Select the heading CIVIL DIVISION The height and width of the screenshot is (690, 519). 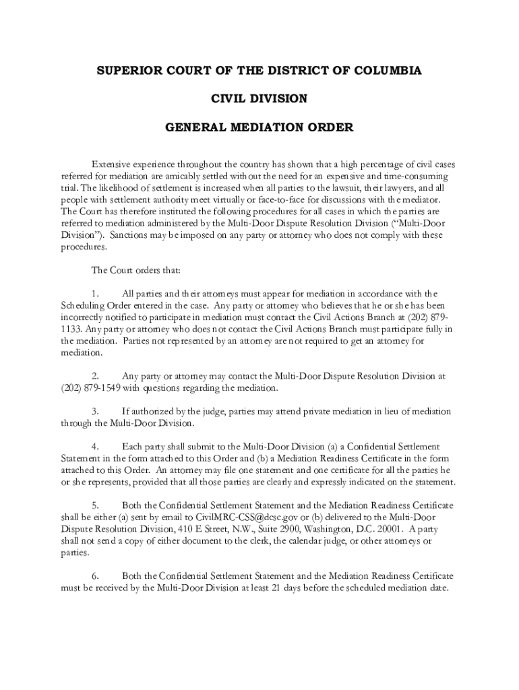[x=259, y=99]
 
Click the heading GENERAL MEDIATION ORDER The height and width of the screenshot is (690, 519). [x=259, y=127]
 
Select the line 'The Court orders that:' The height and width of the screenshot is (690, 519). [x=135, y=270]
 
